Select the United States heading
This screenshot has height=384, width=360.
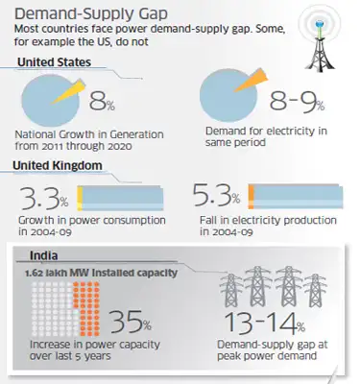coord(57,62)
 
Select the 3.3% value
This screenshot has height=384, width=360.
coord(44,199)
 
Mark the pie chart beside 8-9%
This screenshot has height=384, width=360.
coord(228,101)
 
